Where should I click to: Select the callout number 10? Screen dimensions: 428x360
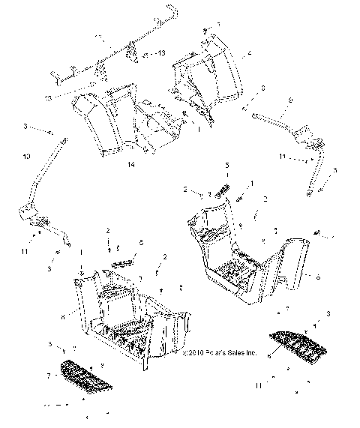point(27,156)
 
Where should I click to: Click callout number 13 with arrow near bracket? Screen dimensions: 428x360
point(160,54)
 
